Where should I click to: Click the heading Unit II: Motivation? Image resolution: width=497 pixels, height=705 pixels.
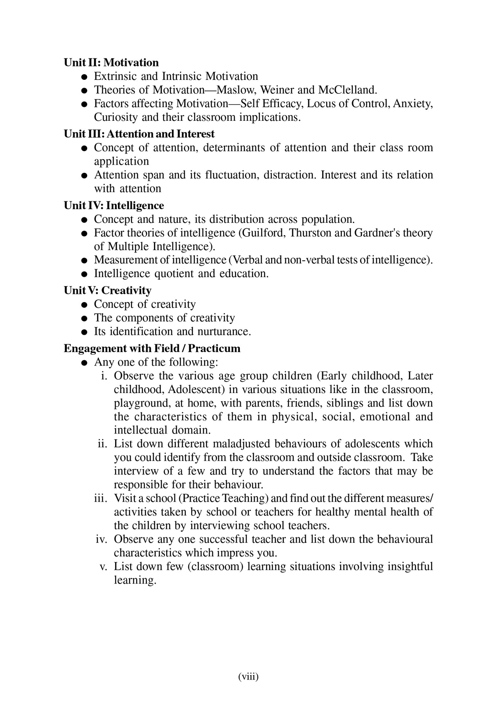111,63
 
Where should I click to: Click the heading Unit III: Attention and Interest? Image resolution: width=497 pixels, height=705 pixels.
139,134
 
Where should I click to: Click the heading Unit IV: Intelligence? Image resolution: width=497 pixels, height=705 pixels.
114,206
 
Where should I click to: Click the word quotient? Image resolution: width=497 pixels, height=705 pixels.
174,273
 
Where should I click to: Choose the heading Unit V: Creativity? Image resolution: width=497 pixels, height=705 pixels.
107,291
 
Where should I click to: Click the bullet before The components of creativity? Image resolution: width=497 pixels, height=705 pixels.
84,319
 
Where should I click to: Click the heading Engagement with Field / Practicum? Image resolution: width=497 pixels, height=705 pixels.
152,349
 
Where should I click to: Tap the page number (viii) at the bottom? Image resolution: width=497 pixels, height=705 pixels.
248,677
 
